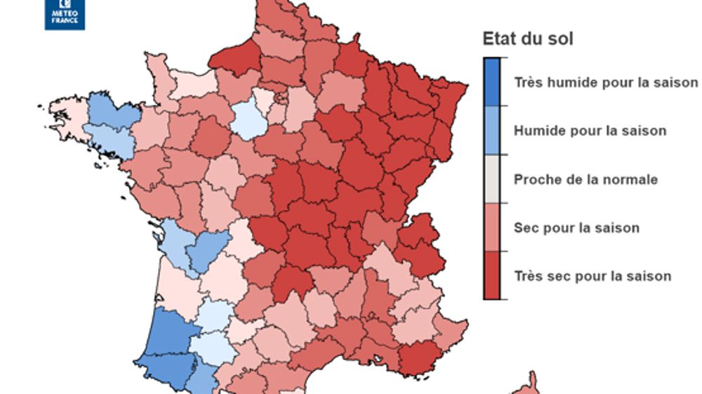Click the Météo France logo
point(65,14)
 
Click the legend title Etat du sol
point(527,39)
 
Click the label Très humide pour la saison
point(605,83)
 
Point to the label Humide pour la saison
point(590,131)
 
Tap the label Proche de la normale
point(585,179)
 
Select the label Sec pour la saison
point(576,228)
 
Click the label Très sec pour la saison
point(592,276)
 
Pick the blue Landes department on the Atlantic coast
point(166,330)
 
